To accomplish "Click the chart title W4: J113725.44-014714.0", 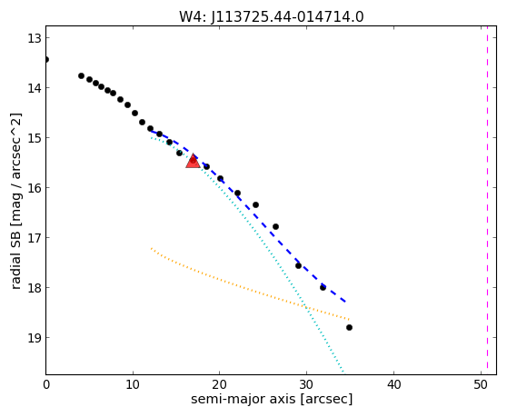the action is [272, 16].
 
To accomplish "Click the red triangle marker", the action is [193, 161].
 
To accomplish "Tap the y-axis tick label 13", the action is [35, 38].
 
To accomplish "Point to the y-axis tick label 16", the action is [35, 188].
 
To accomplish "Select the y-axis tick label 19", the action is [35, 338].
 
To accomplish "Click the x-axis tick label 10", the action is [133, 384].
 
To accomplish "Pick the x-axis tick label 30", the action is [306, 384].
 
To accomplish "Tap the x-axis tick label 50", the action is [481, 384].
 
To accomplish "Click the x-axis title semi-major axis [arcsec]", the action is [272, 399].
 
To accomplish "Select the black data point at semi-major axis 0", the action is [46, 59].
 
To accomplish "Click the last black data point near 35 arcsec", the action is [349, 327].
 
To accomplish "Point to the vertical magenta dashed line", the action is [488, 201].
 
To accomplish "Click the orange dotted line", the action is [250, 284].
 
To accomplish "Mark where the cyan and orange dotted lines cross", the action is [306, 307].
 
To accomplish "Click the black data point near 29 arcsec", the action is [298, 265].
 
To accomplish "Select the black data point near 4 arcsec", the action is [81, 76].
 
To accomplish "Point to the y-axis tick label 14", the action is [35, 88].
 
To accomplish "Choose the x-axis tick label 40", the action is [393, 384].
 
